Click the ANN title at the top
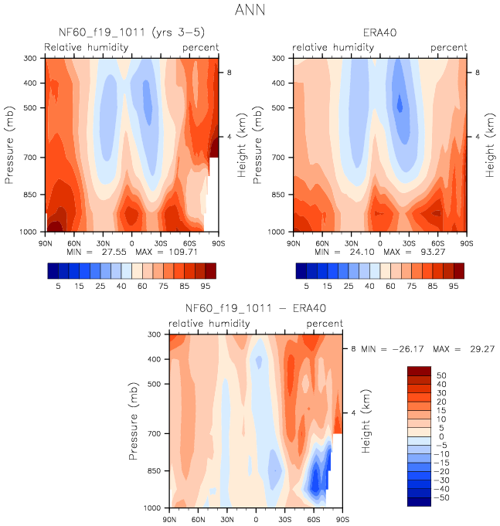250,11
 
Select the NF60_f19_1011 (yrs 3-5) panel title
131,33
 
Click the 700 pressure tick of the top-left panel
32,158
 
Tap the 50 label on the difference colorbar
440,375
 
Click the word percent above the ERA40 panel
449,48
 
